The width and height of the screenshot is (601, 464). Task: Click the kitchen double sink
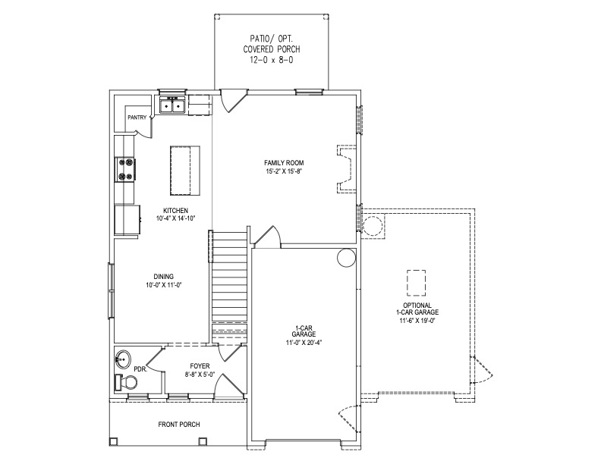(172, 105)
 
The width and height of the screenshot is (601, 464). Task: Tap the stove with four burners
(125, 170)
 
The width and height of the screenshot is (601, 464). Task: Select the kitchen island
(184, 171)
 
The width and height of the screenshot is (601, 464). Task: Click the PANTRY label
(137, 118)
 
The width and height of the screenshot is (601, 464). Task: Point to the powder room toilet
(127, 382)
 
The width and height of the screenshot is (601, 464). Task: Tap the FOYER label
(200, 366)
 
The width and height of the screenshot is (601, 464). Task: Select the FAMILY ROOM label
(284, 163)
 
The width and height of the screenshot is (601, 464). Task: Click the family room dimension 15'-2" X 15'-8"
(284, 171)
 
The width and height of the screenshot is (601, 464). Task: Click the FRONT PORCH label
(179, 424)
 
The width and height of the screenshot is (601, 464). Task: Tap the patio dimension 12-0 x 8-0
(272, 60)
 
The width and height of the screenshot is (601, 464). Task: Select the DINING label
(164, 277)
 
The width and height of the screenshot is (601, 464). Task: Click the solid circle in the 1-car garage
(347, 258)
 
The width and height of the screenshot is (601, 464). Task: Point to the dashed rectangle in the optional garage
(417, 283)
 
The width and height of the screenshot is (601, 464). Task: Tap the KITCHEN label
(175, 211)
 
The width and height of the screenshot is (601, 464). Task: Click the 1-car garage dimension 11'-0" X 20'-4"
(304, 343)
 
